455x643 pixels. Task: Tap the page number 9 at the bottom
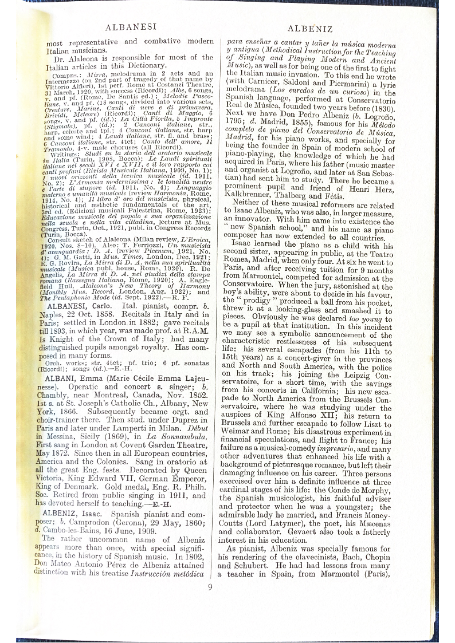[210, 586]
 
